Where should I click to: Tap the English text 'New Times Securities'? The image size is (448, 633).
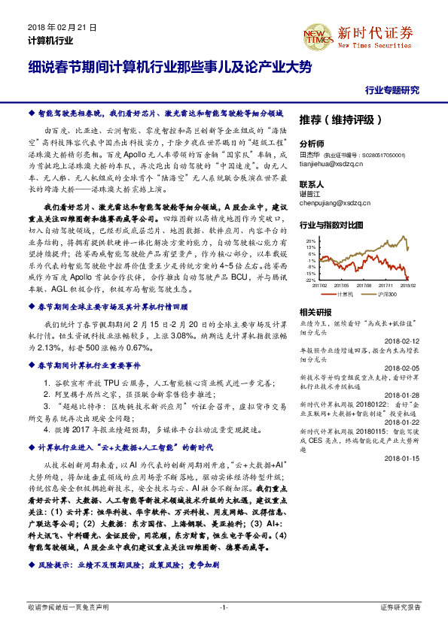coord(373,47)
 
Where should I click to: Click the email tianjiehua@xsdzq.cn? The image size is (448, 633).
coord(330,161)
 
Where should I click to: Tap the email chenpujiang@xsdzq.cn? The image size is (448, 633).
coord(332,201)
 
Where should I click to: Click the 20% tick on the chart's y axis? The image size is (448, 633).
coord(309,241)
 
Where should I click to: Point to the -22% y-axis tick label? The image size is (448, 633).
coord(309,280)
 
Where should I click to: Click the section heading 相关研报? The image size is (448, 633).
coord(315,311)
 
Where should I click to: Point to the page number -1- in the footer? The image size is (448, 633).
coord(224,607)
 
